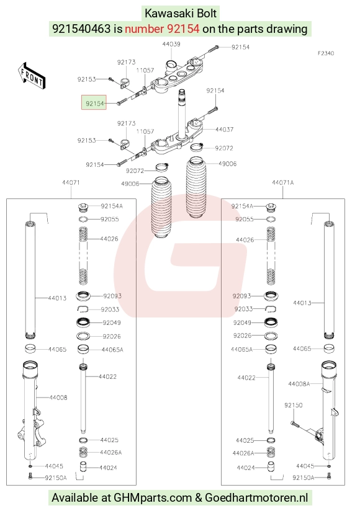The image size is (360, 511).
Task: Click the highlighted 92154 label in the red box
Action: (94, 104)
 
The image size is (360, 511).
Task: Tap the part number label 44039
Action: (171, 44)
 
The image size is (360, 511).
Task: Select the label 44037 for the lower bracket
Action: (224, 130)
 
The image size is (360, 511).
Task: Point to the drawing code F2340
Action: (326, 53)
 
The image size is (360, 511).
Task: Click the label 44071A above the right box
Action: (282, 182)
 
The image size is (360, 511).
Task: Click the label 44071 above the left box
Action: (71, 182)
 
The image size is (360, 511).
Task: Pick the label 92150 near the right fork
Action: (293, 405)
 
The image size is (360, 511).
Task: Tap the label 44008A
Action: (299, 384)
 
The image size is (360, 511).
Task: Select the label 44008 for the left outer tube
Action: (58, 398)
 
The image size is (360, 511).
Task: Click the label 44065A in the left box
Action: (112, 350)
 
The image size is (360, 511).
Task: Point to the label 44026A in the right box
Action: (243, 453)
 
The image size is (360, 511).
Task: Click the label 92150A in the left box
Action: (56, 478)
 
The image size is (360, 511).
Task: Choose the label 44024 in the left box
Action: (108, 468)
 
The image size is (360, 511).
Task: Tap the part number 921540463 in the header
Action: (81, 29)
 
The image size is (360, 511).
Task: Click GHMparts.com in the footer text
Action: (153, 497)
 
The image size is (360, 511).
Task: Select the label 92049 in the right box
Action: (242, 322)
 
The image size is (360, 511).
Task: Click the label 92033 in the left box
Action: (110, 309)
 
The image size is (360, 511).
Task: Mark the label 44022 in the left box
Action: (107, 376)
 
